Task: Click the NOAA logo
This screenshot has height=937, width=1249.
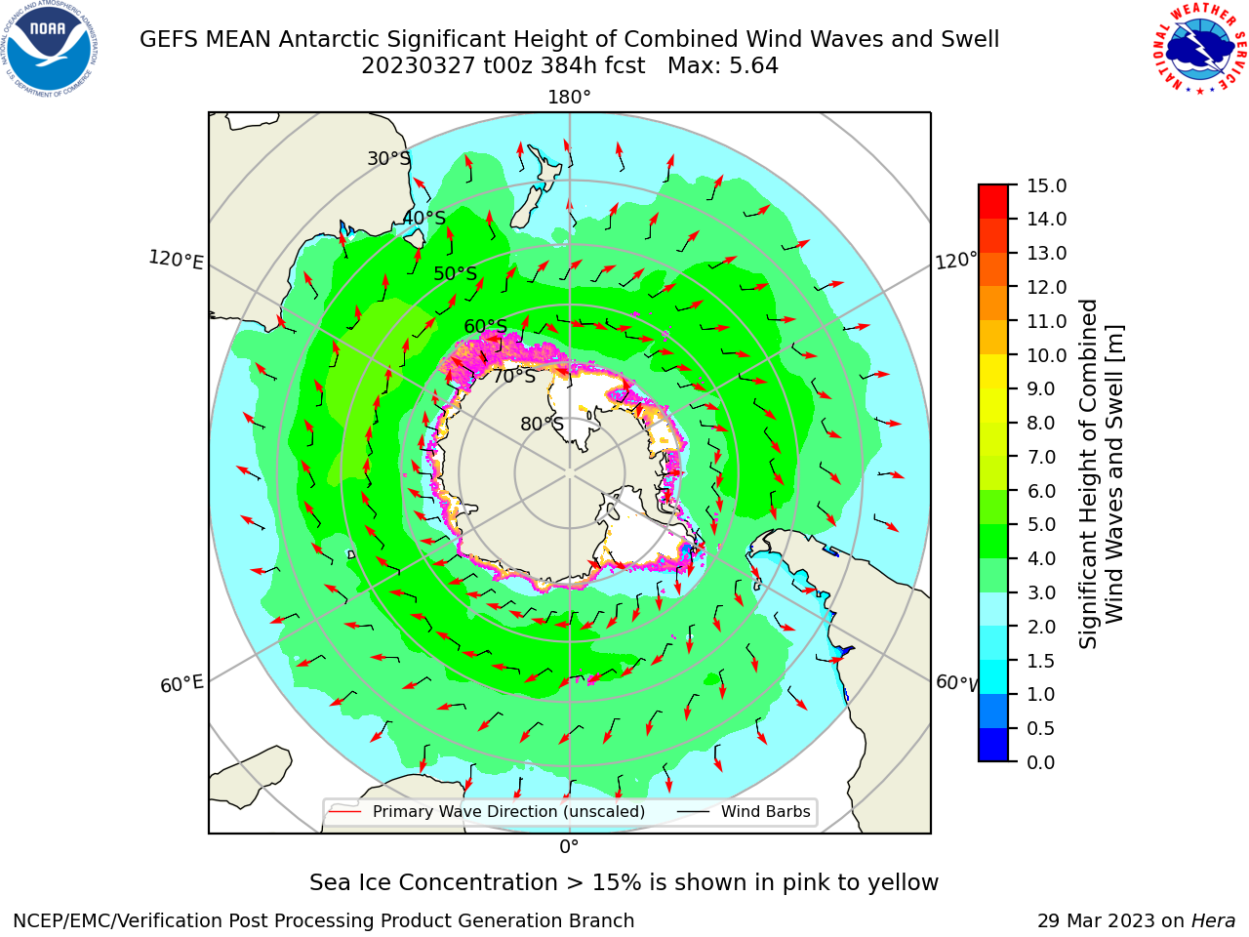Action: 50,49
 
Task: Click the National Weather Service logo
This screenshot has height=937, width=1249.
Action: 1200,49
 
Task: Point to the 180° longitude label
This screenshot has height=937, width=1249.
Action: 569,98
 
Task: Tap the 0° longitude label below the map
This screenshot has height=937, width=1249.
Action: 569,847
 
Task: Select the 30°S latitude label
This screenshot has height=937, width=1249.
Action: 388,158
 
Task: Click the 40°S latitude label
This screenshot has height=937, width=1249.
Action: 424,218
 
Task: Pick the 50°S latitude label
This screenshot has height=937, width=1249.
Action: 456,273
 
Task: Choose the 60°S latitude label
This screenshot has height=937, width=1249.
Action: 485,326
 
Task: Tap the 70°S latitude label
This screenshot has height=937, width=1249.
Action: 514,376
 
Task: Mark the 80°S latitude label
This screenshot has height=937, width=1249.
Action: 542,424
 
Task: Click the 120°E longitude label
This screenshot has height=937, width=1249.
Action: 176,260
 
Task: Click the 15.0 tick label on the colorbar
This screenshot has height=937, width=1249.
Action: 1046,185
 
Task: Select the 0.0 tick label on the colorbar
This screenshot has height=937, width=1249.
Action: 1041,762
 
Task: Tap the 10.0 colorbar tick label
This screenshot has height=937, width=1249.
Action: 1046,355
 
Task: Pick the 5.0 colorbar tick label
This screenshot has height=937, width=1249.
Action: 1041,524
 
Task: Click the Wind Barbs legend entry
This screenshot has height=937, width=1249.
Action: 744,811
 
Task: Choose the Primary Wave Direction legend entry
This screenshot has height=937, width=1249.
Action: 487,811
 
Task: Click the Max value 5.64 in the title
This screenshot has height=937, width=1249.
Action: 723,66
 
